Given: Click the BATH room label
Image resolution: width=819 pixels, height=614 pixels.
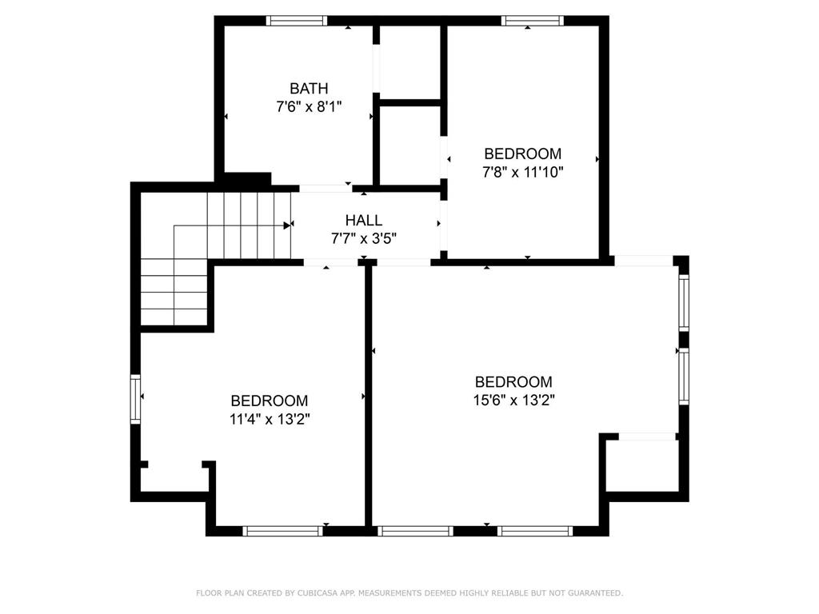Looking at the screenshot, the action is (x=309, y=88).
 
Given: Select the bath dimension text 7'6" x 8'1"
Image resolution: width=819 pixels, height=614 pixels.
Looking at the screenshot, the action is (x=309, y=107).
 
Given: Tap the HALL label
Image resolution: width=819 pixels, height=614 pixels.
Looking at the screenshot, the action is (x=364, y=220).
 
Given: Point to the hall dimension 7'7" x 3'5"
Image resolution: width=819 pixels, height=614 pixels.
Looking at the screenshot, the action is (x=364, y=238).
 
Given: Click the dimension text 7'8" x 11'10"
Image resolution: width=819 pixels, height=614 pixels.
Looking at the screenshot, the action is (x=523, y=172).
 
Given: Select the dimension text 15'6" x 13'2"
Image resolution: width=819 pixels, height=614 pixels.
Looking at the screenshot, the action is (x=514, y=401).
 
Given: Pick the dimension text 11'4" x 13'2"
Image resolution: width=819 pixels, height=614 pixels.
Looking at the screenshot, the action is (x=270, y=419).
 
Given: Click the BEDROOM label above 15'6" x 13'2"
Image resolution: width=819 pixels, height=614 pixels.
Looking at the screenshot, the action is (x=513, y=381).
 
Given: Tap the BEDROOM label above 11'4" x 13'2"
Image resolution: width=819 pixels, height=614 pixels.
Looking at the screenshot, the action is (x=270, y=401).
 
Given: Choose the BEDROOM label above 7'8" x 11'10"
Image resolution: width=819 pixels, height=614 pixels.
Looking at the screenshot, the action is (x=523, y=153).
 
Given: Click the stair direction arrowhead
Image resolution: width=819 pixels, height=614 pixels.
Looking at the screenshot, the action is (x=287, y=225).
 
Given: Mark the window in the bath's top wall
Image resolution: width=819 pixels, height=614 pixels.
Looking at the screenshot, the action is (x=296, y=21).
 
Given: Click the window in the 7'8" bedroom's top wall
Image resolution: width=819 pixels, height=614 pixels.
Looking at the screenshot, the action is (x=533, y=21).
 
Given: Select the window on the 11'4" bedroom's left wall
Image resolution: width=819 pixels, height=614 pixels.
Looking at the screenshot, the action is (x=135, y=399).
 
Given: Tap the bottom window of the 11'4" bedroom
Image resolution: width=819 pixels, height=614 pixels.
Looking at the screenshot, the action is (x=282, y=531).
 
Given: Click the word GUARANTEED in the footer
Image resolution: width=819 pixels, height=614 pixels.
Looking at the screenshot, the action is (x=595, y=593).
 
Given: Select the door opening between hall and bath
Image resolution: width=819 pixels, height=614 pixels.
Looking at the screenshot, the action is (x=326, y=189).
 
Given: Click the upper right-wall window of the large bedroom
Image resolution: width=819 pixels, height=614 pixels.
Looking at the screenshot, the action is (x=684, y=301).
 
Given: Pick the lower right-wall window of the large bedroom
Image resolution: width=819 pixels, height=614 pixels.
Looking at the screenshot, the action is (x=684, y=376).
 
